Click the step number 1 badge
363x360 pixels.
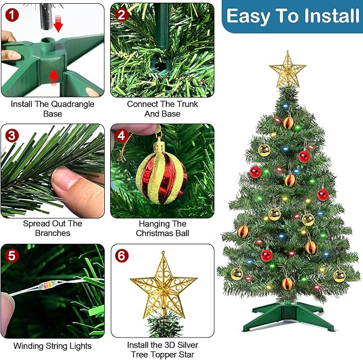tap(12, 14)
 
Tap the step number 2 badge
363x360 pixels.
tap(122, 14)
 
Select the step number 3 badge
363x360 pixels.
tap(12, 135)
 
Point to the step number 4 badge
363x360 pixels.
tap(122, 135)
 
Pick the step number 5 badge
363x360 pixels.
tap(12, 256)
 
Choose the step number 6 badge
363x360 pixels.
tap(122, 256)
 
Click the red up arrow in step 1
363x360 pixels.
tap(53, 78)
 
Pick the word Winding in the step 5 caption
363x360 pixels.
tap(29, 346)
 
